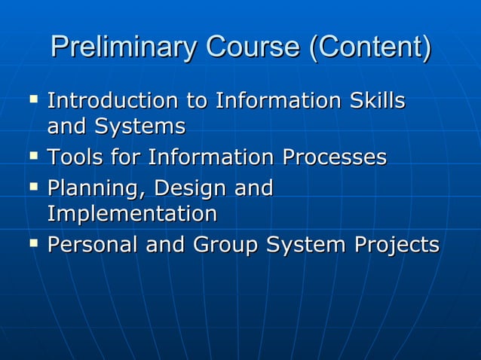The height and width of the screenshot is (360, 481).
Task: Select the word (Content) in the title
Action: pos(370,47)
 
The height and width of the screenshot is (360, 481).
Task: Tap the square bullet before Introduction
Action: pos(32,98)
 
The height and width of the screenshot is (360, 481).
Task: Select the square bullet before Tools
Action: pos(32,156)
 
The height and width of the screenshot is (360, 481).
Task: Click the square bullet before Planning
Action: pos(32,186)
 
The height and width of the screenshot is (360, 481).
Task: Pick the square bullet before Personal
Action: pos(32,243)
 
